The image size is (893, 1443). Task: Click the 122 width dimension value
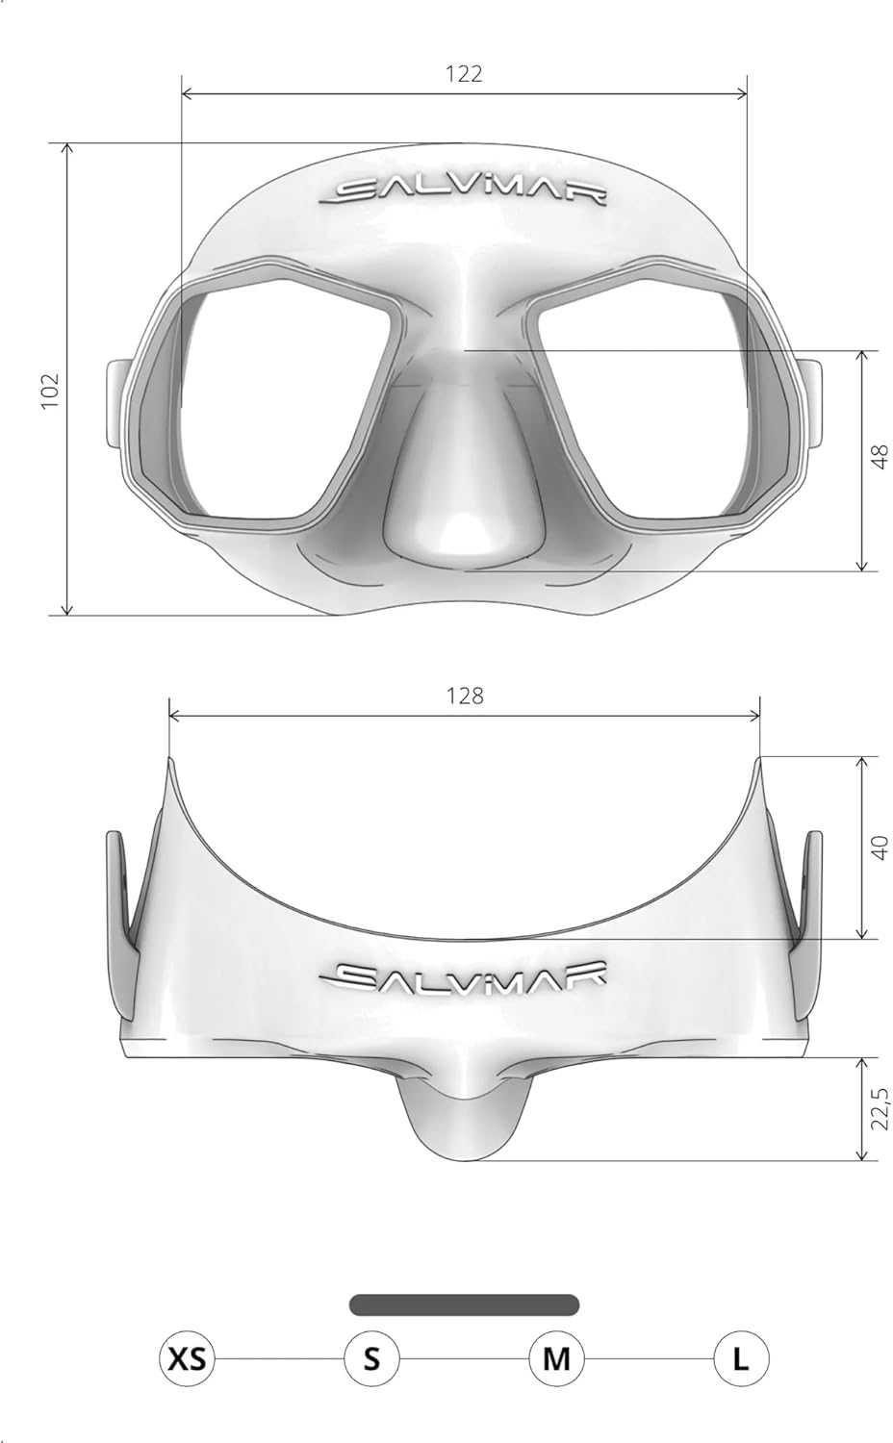coord(464,74)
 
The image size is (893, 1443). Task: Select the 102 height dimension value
coord(50,391)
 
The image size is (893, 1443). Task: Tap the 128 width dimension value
coord(465,696)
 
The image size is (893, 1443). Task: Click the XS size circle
coord(187,1359)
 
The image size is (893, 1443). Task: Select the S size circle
coord(371,1359)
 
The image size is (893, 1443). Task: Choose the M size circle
coord(556,1359)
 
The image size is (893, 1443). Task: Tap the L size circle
coord(741,1359)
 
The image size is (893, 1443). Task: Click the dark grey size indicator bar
coord(464,1304)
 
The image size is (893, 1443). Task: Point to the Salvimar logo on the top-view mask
coord(464,975)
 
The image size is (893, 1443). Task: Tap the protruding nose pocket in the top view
coord(464,1116)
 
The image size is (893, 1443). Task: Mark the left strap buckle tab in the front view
coord(117,404)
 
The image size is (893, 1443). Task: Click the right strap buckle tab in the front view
coord(811,404)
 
